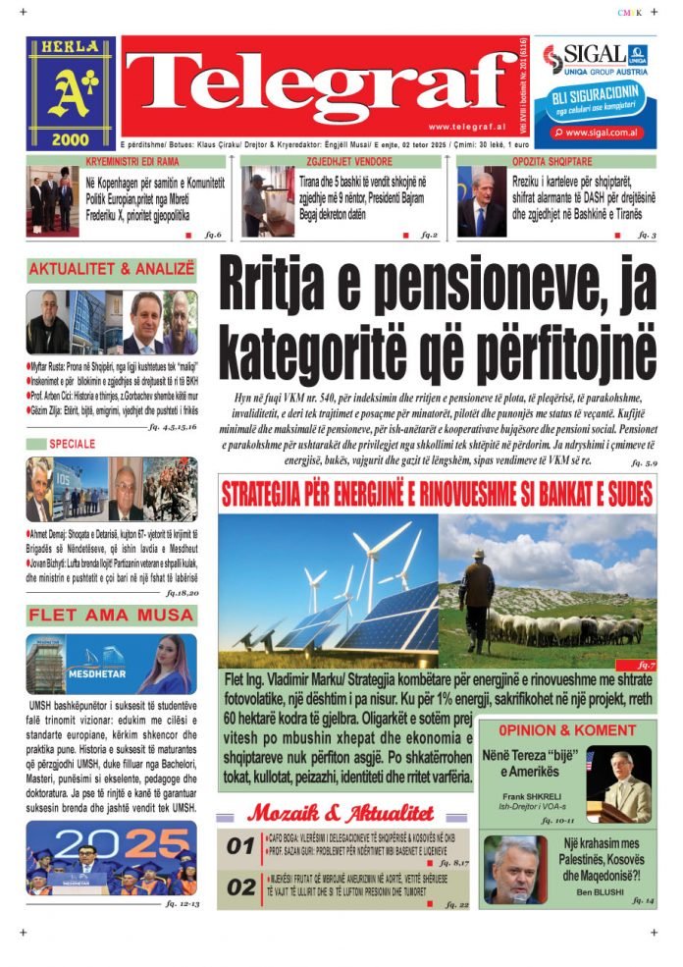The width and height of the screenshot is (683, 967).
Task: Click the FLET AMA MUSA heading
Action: click(x=112, y=616)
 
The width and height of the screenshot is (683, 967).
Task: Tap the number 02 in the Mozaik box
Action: click(x=240, y=887)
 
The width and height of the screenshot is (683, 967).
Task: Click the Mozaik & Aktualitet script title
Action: click(x=340, y=813)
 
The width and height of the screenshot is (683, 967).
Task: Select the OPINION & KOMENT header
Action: click(x=566, y=730)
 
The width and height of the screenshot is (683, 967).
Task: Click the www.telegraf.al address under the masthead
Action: click(x=464, y=127)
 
